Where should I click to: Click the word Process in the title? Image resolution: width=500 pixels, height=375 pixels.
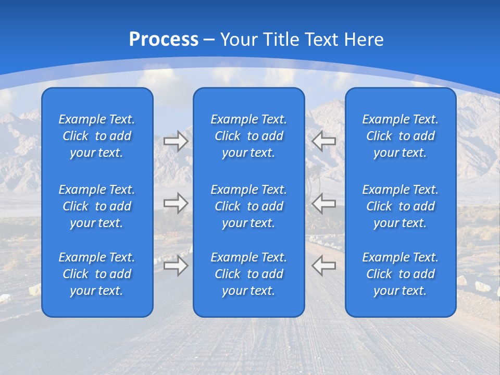tap(164, 39)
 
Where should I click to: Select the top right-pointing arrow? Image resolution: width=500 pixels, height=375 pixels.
tap(176, 141)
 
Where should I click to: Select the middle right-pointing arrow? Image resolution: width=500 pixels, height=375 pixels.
tap(176, 203)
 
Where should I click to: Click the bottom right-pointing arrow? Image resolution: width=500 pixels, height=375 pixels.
tap(176, 266)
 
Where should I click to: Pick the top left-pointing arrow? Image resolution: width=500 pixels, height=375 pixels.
tap(324, 140)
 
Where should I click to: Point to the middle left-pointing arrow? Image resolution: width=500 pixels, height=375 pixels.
tap(324, 203)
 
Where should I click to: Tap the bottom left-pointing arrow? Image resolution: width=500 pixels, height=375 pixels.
tap(324, 266)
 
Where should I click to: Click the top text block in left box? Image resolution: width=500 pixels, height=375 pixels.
tap(97, 136)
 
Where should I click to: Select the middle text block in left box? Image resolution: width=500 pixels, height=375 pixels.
tap(97, 206)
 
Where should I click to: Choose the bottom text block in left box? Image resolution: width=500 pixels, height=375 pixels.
tap(97, 274)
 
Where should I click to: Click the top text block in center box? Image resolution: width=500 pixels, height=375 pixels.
tap(249, 136)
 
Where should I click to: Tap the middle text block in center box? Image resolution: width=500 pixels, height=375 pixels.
tap(249, 206)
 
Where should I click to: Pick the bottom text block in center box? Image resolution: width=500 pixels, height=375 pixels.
tap(249, 274)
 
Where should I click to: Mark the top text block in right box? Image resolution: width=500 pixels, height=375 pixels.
tap(401, 136)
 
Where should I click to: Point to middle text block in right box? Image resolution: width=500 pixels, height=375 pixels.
tap(401, 206)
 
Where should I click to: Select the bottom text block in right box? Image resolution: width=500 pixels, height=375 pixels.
tap(401, 274)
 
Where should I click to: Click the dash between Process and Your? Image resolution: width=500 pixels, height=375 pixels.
tap(209, 40)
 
